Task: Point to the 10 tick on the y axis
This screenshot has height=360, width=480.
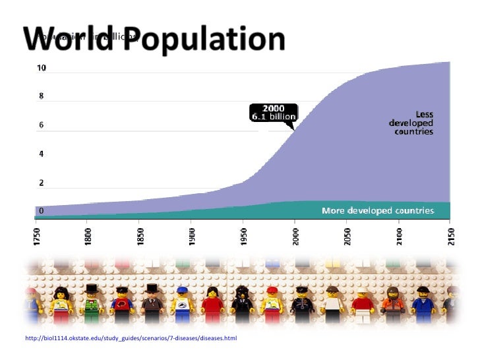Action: click(41, 68)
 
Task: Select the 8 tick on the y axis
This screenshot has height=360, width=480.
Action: click(40, 96)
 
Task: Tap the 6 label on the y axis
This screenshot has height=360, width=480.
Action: click(40, 125)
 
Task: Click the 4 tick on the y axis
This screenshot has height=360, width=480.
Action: click(40, 154)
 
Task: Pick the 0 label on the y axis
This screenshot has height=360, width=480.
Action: click(40, 211)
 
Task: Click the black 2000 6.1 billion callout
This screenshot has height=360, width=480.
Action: click(273, 112)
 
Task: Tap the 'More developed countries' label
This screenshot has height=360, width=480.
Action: click(377, 211)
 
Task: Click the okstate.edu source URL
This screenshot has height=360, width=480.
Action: click(130, 338)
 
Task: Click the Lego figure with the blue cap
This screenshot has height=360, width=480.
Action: click(183, 307)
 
